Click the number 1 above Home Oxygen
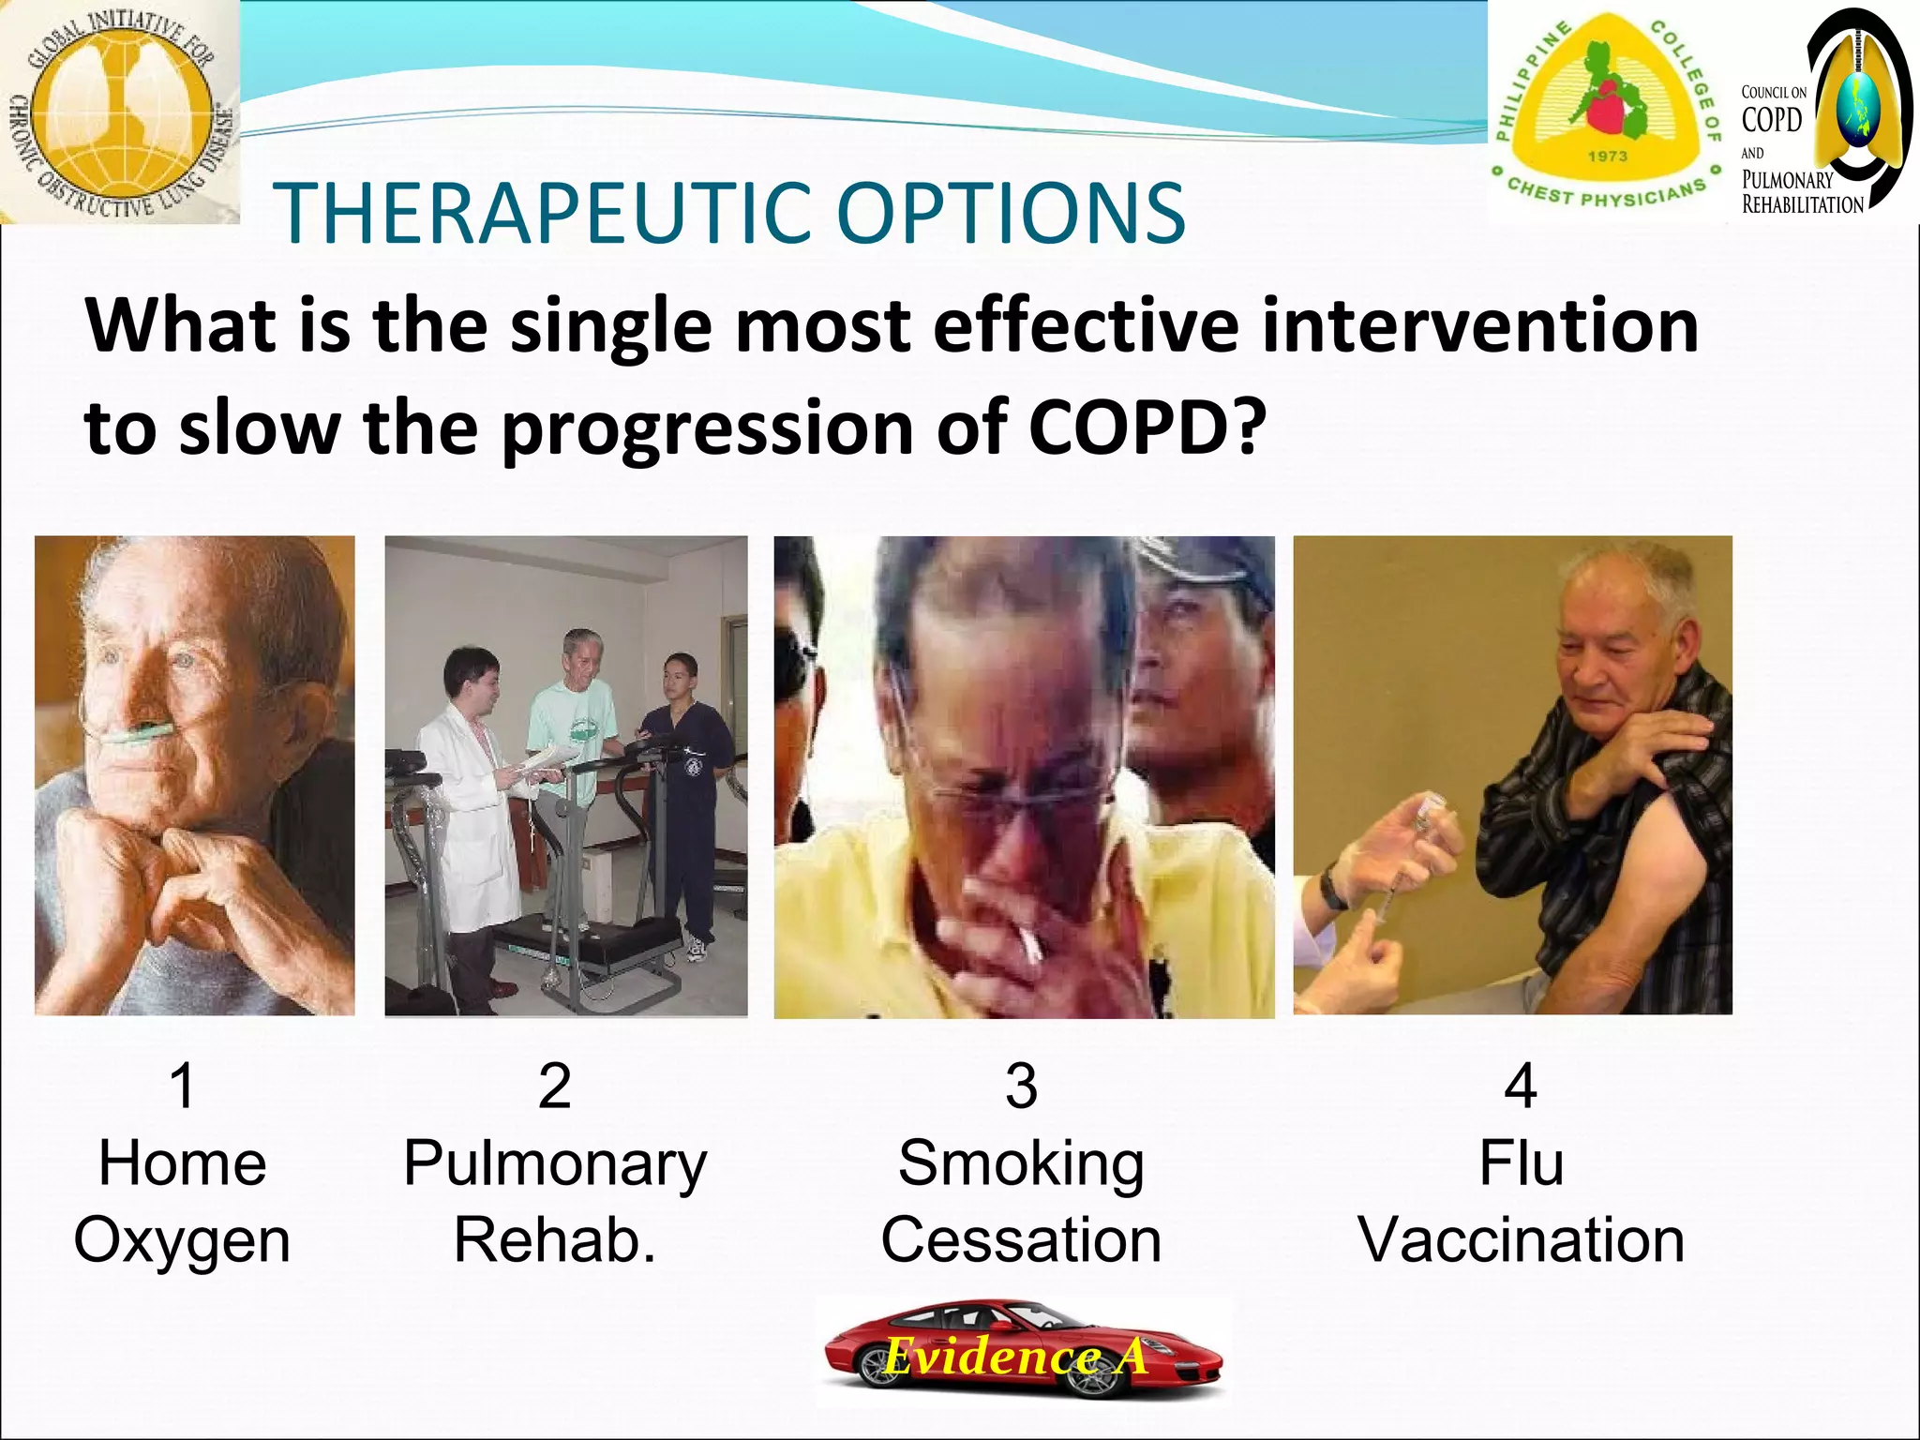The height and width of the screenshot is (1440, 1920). [x=182, y=1086]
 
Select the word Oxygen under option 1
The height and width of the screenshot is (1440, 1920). [x=182, y=1240]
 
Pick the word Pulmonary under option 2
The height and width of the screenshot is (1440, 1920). [x=555, y=1164]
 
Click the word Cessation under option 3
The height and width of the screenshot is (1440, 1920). [x=1021, y=1240]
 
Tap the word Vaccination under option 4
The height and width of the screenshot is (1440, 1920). [x=1521, y=1240]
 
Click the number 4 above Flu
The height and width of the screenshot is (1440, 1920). [x=1520, y=1086]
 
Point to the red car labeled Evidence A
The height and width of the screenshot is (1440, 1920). [x=1022, y=1350]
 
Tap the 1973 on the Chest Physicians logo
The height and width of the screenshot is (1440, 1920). [x=1607, y=156]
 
